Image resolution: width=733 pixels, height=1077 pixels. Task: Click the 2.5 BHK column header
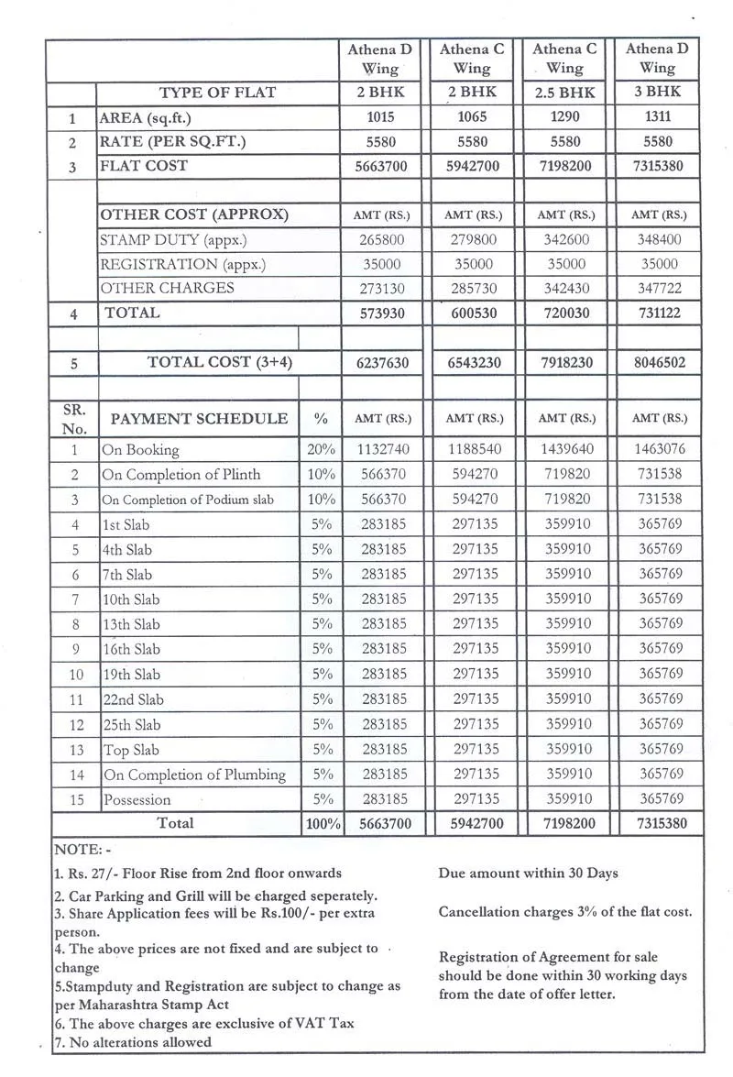pos(564,93)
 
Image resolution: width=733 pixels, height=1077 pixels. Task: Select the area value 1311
pos(658,117)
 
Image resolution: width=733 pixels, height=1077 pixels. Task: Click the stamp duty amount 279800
pos(472,240)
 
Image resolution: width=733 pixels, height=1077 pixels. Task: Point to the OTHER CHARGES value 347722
pos(658,289)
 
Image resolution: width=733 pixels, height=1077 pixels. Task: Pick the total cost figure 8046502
pos(658,362)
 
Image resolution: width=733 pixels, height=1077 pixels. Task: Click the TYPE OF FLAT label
pos(217,93)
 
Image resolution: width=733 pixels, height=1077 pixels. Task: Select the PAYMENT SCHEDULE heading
pos(199,419)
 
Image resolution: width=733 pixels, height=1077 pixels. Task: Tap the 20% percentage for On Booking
pos(321,450)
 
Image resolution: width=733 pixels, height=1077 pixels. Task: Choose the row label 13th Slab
pos(131,624)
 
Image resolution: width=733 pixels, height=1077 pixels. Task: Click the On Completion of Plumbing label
pos(194,775)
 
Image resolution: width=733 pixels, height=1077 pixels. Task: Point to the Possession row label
pos(137,800)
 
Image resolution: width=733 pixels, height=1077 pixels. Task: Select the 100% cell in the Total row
pos(322,823)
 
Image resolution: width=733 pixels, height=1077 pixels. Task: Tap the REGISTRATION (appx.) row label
pos(173,264)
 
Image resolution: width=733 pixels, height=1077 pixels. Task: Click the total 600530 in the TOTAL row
pos(472,313)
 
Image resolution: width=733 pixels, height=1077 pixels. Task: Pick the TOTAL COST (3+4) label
pos(219,362)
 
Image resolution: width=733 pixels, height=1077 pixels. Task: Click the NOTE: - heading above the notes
pos(82,851)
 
